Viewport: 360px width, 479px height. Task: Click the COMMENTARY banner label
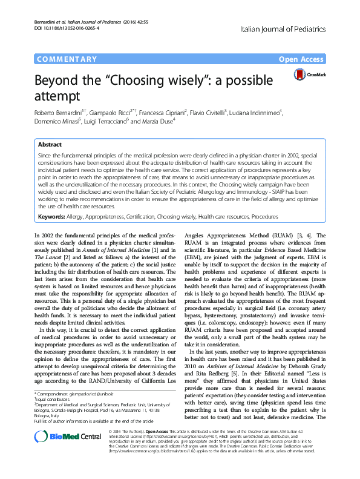(67, 59)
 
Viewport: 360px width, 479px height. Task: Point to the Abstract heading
(50, 145)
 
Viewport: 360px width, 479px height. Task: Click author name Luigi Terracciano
(96, 121)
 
